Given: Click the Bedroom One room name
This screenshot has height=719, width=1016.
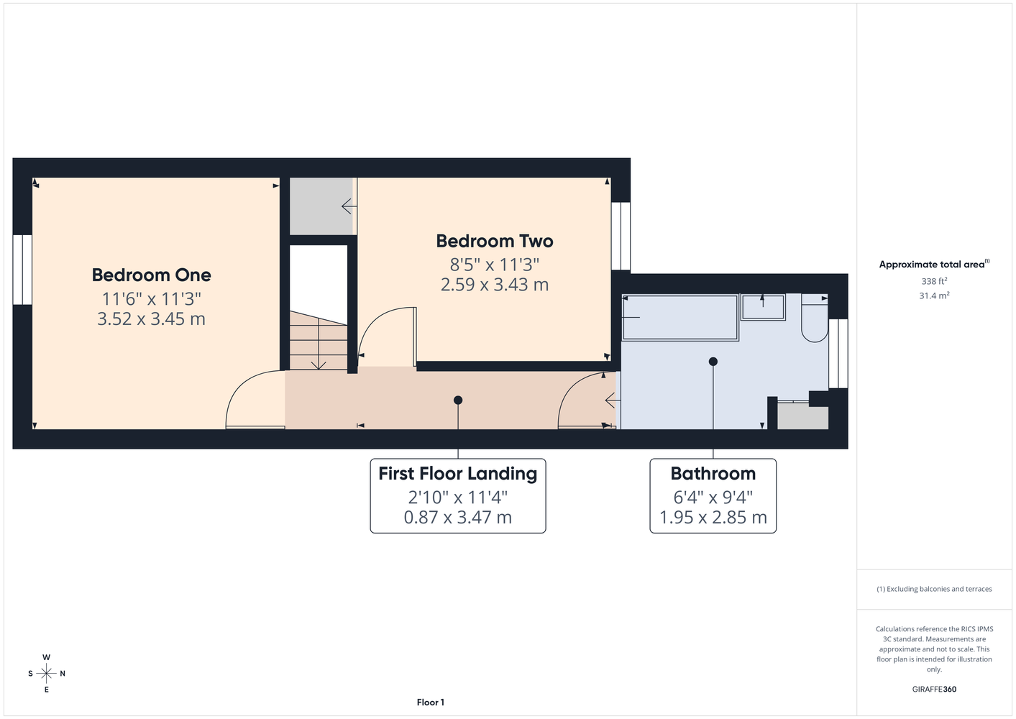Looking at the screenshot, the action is tap(152, 275).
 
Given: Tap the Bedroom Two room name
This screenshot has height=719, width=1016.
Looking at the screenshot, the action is tap(495, 242).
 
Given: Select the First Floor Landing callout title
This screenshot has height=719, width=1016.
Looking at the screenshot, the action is tap(457, 474).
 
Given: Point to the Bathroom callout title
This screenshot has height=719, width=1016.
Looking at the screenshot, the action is tap(713, 474).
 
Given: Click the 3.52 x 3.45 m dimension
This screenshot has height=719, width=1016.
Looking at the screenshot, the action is tap(152, 319).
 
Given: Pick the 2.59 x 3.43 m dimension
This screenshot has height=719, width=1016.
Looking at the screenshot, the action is tap(495, 285).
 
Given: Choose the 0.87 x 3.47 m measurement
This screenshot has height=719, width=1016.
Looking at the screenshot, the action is tap(457, 517).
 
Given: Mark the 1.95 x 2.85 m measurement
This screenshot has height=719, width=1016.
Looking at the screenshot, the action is tap(713, 517).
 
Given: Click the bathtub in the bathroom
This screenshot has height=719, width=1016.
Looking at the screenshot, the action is tap(680, 318).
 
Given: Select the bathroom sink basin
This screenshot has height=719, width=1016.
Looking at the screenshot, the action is tap(764, 307).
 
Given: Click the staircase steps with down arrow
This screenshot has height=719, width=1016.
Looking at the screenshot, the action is tap(319, 340).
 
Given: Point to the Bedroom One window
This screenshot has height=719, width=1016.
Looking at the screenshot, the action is tap(22, 270).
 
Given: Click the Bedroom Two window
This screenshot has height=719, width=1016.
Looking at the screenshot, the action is tap(621, 236).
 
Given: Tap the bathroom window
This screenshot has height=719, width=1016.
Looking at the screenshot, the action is tap(838, 353).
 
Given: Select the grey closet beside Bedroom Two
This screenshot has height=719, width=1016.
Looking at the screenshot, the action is tap(321, 206).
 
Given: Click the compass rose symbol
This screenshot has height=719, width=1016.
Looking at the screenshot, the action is tap(46, 674).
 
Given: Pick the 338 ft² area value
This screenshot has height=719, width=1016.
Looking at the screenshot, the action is tap(934, 281).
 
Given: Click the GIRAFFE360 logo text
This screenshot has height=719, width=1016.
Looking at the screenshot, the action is tap(934, 689).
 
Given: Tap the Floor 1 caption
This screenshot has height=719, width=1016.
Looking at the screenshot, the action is tap(431, 702).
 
